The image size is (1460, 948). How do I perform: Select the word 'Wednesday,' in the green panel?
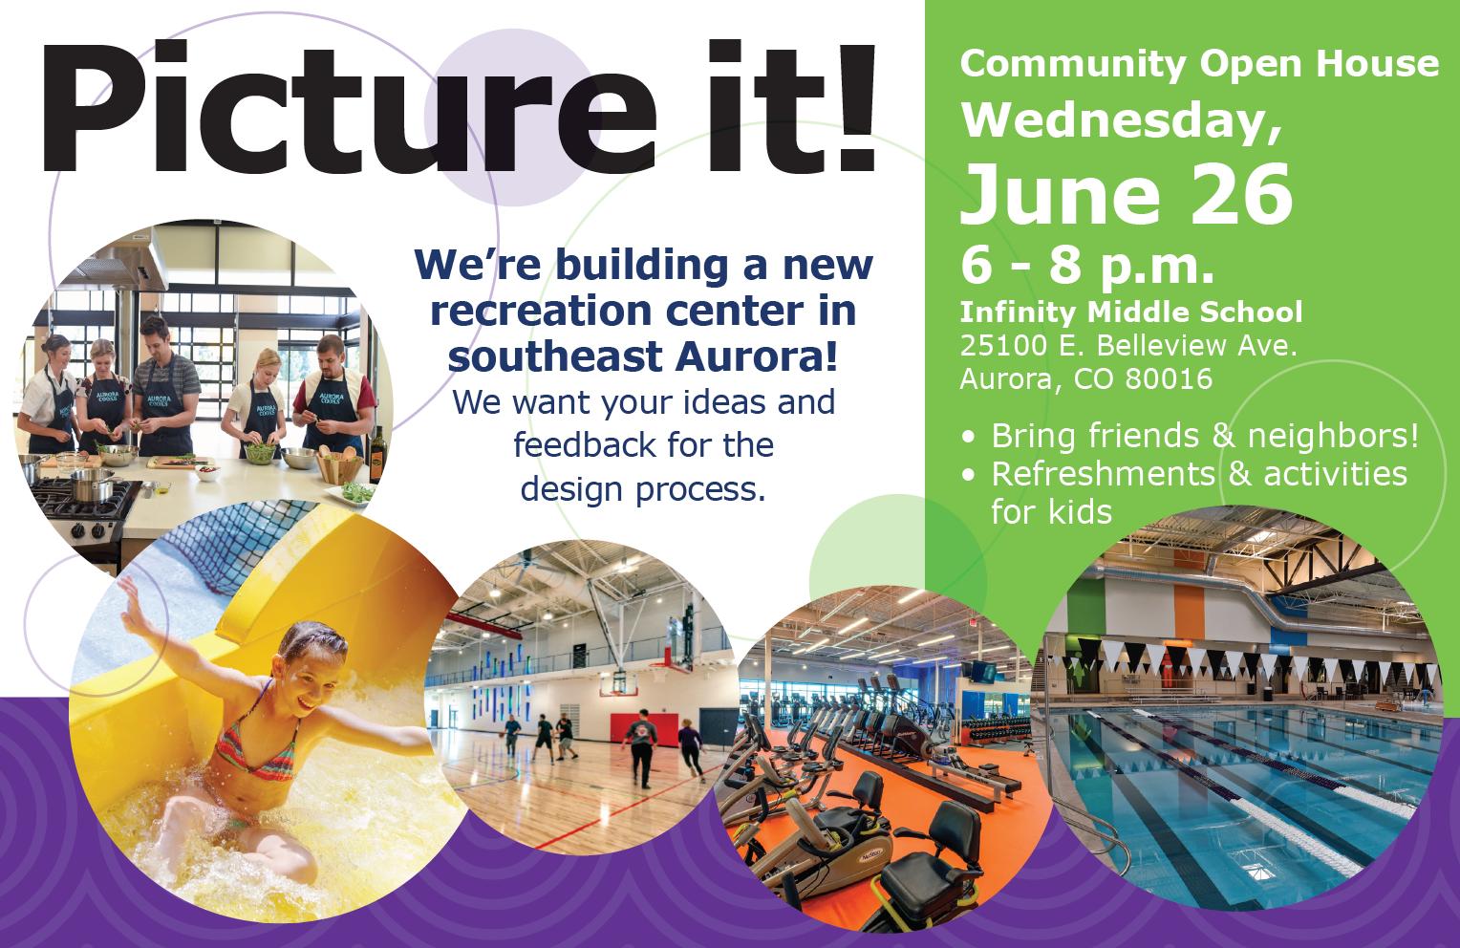(x=1121, y=122)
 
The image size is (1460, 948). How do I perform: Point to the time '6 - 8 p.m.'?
(x=1086, y=268)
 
